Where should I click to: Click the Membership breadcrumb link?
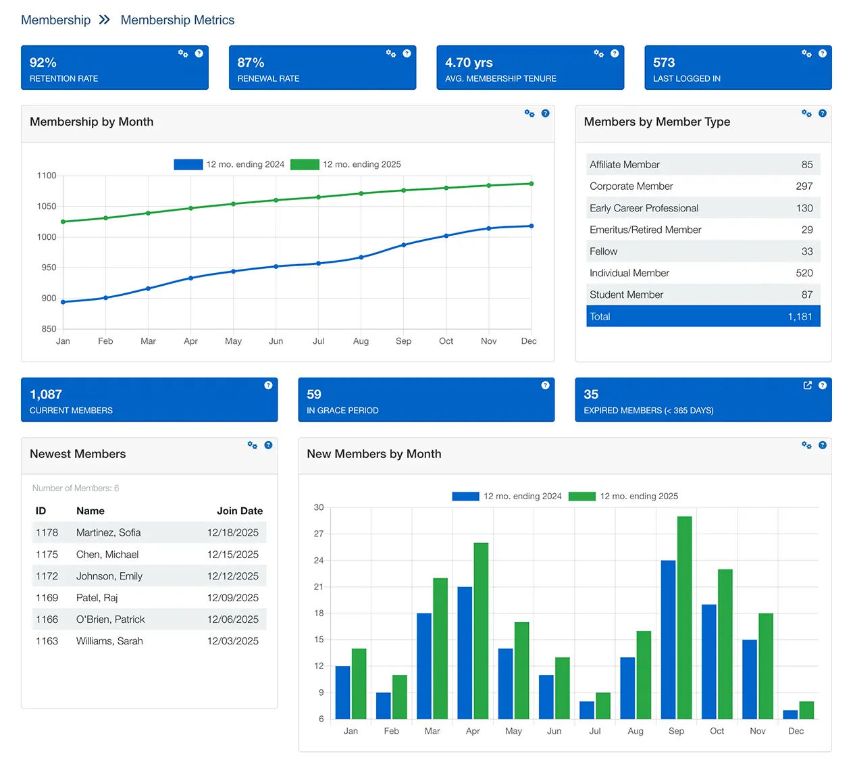[x=55, y=20]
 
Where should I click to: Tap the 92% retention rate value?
[x=43, y=63]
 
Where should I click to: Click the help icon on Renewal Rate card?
[x=407, y=53]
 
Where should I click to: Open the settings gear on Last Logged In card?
[x=806, y=53]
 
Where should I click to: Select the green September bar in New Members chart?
[x=684, y=617]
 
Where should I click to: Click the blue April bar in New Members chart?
[x=465, y=653]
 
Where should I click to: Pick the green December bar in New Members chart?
[x=806, y=710]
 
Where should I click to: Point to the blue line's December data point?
[x=532, y=226]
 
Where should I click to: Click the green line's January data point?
[x=63, y=222]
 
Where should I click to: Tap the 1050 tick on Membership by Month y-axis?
[x=47, y=207]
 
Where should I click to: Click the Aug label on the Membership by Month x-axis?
[x=361, y=341]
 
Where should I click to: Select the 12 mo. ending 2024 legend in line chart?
[x=230, y=164]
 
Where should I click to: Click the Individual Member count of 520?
[x=804, y=273]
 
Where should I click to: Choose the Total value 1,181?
[x=800, y=316]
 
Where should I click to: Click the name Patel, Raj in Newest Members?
[x=97, y=598]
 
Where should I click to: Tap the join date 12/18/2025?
[x=232, y=532]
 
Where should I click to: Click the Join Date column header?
[x=239, y=511]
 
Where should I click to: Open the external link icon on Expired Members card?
[x=807, y=385]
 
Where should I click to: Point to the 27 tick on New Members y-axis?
[x=319, y=534]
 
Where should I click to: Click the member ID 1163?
[x=47, y=641]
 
